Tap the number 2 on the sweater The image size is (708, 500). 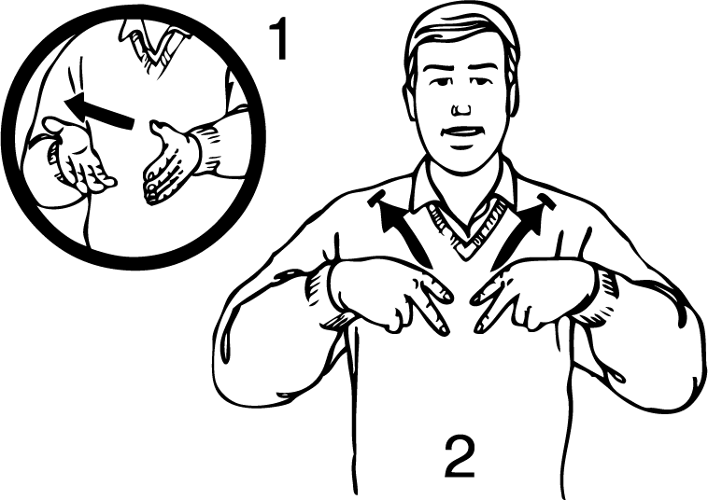pos(460,456)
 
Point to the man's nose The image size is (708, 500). pos(461,108)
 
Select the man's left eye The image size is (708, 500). pos(482,82)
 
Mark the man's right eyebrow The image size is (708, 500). pos(437,69)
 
